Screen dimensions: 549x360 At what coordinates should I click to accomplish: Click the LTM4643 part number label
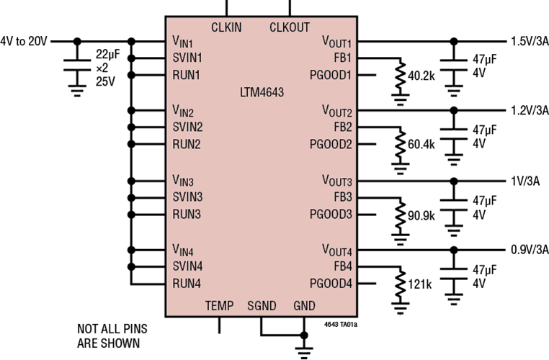click(x=262, y=93)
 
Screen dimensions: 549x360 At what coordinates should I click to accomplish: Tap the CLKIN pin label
click(x=226, y=27)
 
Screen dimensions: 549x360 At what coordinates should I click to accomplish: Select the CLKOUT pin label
click(x=290, y=27)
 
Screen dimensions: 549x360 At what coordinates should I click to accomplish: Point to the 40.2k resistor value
click(x=421, y=76)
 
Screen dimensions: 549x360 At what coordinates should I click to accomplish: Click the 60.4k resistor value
click(x=421, y=144)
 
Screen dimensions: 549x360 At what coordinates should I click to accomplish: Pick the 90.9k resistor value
click(x=421, y=216)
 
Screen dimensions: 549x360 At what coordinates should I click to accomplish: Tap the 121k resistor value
click(x=420, y=284)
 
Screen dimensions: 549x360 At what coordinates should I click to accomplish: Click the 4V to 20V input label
click(x=24, y=41)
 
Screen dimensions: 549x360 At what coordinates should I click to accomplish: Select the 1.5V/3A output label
click(x=530, y=41)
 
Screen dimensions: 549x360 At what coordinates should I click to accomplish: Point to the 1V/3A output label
click(x=525, y=181)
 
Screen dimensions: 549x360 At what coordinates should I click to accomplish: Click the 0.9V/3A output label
click(x=530, y=250)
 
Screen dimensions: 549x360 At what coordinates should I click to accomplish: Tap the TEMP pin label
click(x=219, y=306)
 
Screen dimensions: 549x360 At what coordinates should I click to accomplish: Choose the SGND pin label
click(x=262, y=306)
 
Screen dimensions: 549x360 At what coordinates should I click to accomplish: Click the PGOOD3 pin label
click(x=331, y=214)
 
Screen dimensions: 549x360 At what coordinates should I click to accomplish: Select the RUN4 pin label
click(x=187, y=284)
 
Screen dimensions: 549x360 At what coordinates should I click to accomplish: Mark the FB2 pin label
click(x=343, y=127)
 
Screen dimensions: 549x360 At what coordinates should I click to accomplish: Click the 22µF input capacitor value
click(x=108, y=54)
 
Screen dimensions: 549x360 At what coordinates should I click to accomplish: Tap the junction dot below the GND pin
click(x=304, y=336)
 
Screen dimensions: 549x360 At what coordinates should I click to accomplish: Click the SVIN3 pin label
click(x=187, y=197)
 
